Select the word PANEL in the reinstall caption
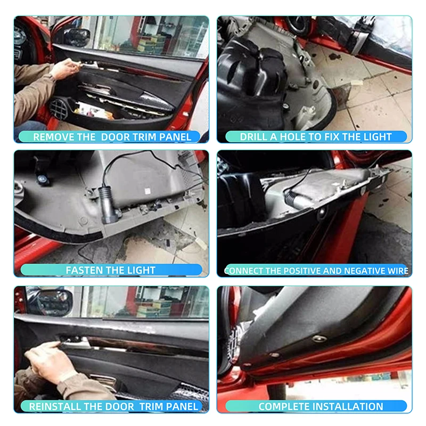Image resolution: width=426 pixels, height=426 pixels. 182,406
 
